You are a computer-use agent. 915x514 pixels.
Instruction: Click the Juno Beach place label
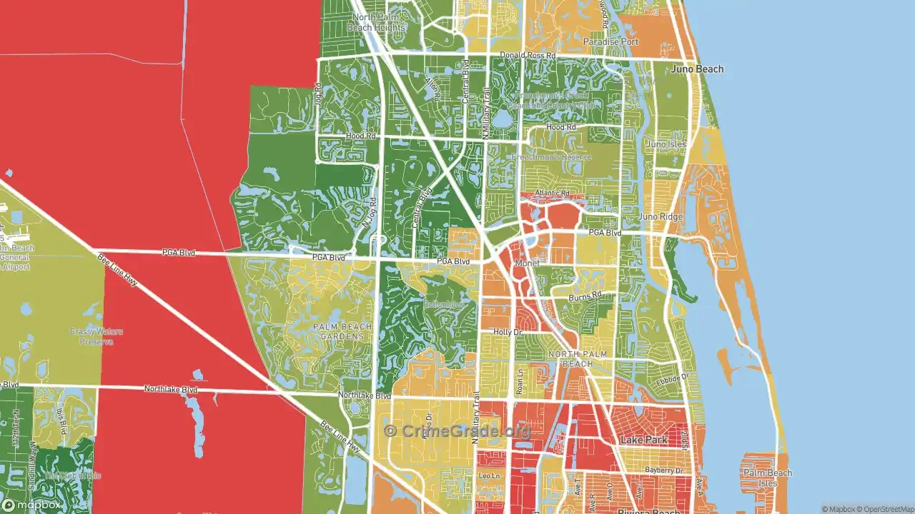(697, 69)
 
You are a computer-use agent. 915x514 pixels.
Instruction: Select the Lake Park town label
(644, 440)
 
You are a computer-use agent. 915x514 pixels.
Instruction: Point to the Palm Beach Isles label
(767, 478)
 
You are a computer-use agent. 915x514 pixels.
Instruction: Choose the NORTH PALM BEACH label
(580, 359)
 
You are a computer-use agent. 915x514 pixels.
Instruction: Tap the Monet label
(528, 263)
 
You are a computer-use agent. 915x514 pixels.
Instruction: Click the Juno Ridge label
(661, 217)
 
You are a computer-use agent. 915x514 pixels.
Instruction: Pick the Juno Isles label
(666, 144)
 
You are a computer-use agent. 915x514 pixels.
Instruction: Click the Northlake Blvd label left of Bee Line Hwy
(170, 390)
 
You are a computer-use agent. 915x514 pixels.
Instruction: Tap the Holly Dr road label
(508, 332)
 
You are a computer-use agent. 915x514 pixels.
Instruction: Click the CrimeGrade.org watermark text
(457, 430)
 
